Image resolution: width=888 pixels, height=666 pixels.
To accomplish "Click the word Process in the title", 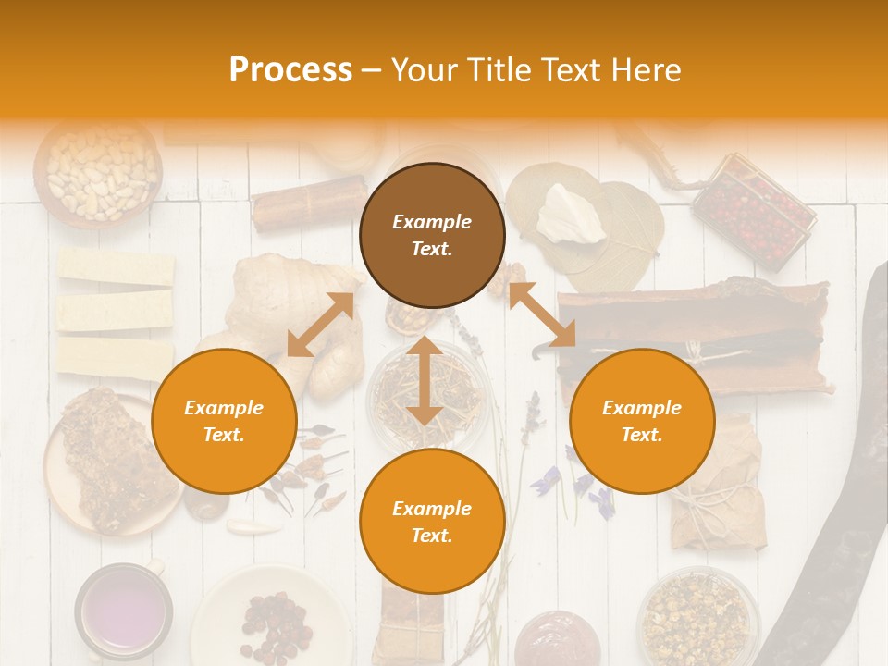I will tap(290, 70).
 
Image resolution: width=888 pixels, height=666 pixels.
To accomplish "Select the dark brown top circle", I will tap(432, 235).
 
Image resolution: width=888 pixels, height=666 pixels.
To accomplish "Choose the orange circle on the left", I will tap(224, 421).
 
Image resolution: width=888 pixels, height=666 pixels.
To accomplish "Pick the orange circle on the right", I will tap(642, 421).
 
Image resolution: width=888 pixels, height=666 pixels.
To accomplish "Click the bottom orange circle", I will tap(432, 522).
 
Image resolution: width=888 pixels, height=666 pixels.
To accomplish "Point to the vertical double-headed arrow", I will tap(425, 380).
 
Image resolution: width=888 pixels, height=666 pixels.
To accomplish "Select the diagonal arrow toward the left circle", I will tap(320, 325).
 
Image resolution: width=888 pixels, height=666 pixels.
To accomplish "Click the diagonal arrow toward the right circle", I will tap(542, 314).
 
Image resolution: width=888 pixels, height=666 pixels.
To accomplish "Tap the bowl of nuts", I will tap(99, 171).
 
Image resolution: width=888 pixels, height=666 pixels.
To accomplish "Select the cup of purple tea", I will tap(123, 612).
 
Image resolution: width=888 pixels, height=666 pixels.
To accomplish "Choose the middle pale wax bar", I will tap(115, 311).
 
